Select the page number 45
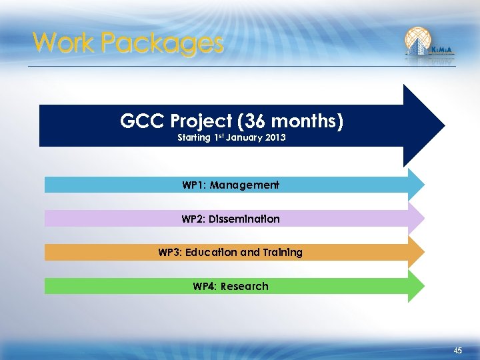click(457, 351)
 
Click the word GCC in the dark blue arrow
click(143, 121)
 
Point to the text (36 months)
click(300, 121)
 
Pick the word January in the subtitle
click(244, 138)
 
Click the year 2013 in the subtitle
click(275, 138)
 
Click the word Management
click(244, 185)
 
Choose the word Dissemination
click(243, 219)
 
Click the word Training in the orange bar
click(283, 253)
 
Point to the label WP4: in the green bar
click(204, 287)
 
